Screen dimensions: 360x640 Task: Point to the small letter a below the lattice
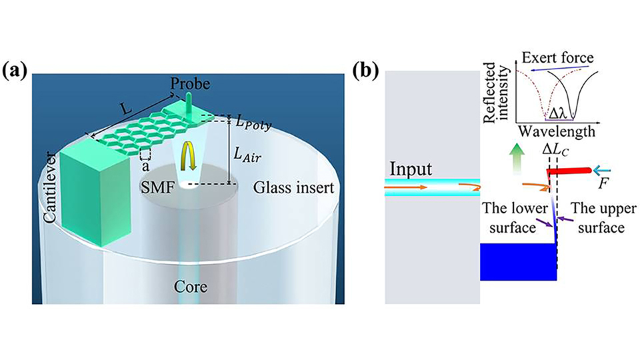click(145, 167)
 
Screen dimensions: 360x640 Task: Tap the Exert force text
click(557, 57)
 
